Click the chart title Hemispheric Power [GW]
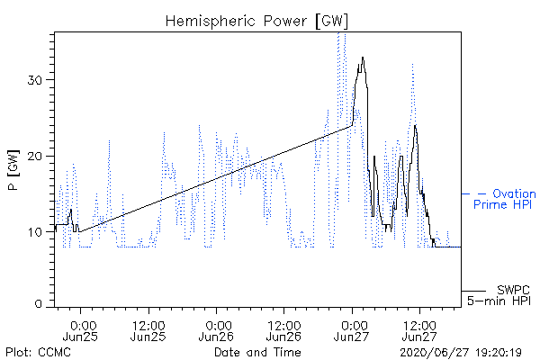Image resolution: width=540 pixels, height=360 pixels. click(256, 22)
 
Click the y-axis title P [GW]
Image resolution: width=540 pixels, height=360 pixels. click(13, 170)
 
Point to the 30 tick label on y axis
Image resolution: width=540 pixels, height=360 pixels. click(34, 80)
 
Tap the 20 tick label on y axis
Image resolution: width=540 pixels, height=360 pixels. click(34, 157)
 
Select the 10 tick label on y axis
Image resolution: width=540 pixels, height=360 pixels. click(34, 232)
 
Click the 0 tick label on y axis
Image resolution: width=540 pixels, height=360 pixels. click(38, 303)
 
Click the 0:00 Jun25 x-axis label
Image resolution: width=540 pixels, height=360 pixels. click(81, 330)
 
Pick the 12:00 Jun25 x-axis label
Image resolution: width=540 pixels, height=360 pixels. click(148, 330)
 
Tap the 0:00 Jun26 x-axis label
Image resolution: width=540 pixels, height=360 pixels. click(216, 330)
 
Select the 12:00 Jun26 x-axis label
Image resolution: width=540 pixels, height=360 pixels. click(283, 330)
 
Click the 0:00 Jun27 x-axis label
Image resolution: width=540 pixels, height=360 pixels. click(352, 330)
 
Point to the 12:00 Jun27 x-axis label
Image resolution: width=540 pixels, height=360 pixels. click(419, 330)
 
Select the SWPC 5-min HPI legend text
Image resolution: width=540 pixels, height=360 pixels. click(499, 295)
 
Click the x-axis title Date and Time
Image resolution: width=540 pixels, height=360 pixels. click(257, 352)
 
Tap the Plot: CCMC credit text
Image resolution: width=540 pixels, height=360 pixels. click(38, 352)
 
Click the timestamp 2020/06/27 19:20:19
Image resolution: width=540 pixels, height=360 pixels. click(461, 353)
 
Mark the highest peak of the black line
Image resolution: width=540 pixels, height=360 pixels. click(363, 58)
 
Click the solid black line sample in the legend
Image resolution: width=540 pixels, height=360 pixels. click(473, 291)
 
